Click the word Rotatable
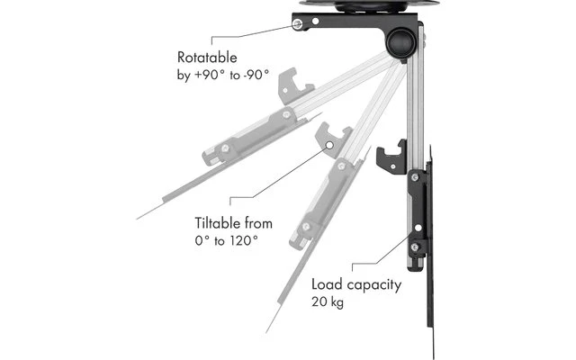click(x=209, y=58)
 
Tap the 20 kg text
click(x=329, y=302)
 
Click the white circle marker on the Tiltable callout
click(x=330, y=145)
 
